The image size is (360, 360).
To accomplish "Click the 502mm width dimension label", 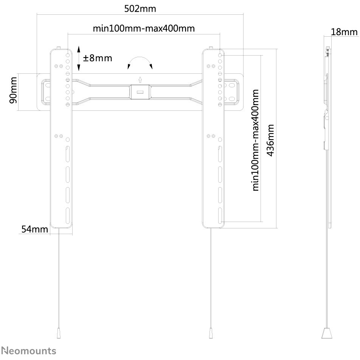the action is [140, 9].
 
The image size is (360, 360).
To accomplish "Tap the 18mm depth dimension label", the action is [344, 32].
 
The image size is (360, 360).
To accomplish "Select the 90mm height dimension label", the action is [13, 90].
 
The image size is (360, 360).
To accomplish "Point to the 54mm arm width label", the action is [35, 229].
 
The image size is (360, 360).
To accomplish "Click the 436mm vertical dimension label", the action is [270, 140].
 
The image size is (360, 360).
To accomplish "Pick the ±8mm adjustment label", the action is [98, 58].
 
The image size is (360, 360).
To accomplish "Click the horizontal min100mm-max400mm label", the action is [144, 28].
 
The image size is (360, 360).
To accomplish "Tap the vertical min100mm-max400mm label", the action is [255, 140].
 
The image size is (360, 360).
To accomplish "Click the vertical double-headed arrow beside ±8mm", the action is [79, 58].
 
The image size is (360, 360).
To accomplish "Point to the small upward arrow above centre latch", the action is [140, 80].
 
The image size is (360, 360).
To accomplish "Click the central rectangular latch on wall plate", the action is [140, 92].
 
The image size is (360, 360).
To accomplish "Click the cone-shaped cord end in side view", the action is [327, 332].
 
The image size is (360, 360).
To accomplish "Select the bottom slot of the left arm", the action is [68, 216].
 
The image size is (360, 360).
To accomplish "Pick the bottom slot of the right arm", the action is [220, 216].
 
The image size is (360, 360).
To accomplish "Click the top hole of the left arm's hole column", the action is [68, 55].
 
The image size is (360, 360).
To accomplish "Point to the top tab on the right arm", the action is [211, 48].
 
